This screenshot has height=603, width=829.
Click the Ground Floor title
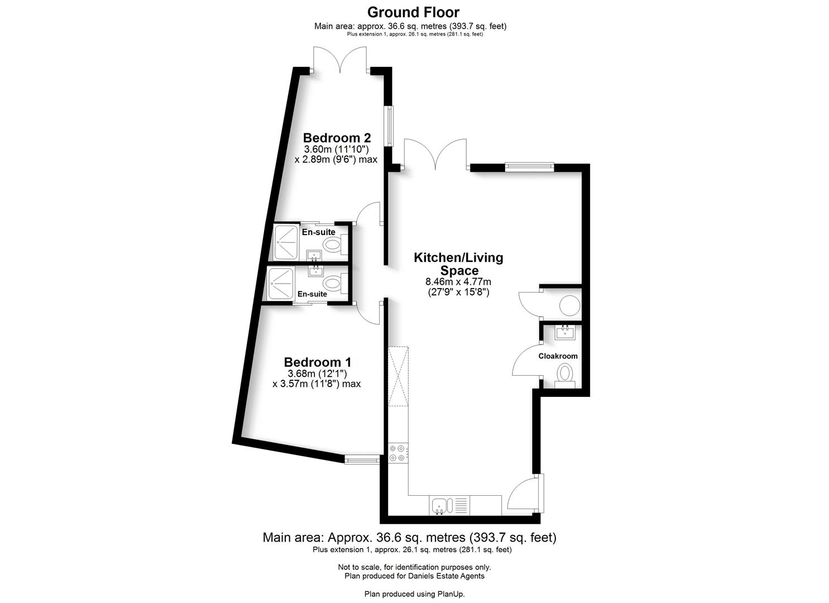(414, 12)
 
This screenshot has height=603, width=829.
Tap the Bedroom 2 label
(337, 138)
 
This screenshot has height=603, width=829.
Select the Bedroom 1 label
(317, 362)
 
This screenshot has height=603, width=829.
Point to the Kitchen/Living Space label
(458, 264)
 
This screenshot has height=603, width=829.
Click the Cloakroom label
(558, 356)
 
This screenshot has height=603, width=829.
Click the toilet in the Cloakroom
(565, 373)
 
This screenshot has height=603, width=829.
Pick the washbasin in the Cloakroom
(565, 333)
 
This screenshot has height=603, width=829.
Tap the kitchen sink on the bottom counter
(440, 506)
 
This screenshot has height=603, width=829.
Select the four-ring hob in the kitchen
(398, 453)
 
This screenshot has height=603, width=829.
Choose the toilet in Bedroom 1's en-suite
(333, 283)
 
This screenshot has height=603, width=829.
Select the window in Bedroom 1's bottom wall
(362, 460)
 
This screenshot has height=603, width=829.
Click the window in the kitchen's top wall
(529, 166)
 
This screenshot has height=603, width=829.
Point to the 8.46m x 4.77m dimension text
(458, 282)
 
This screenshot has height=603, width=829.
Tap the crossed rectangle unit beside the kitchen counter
(398, 377)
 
